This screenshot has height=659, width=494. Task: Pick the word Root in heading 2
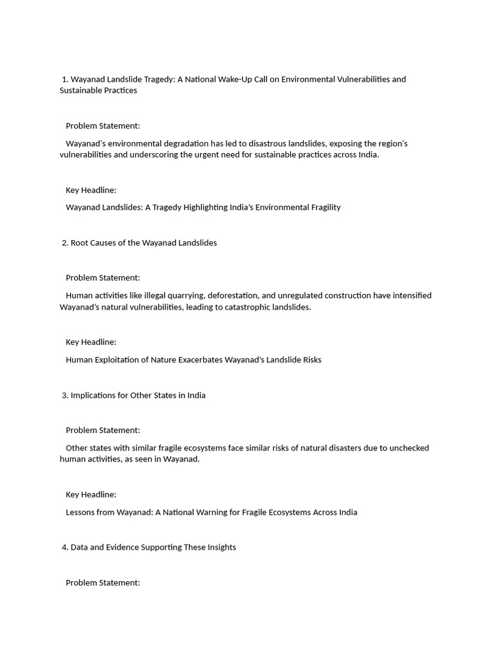pyautogui.click(x=80, y=243)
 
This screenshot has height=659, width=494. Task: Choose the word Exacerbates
pyautogui.click(x=199, y=360)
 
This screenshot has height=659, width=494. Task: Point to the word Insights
pyautogui.click(x=221, y=547)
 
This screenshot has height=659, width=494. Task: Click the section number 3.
pyautogui.click(x=65, y=395)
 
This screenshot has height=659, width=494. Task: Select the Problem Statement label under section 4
pyautogui.click(x=103, y=582)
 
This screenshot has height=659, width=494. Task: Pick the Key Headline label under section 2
pyautogui.click(x=91, y=342)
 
